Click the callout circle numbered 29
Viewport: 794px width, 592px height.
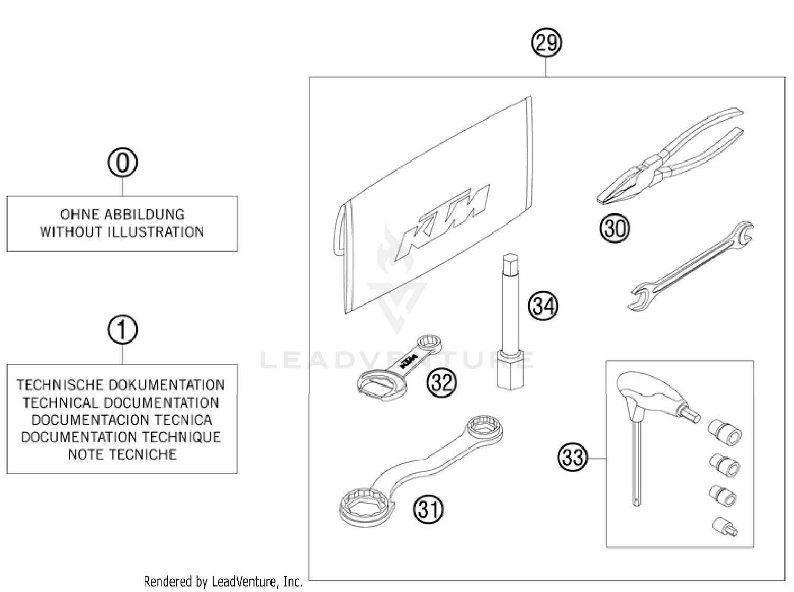point(546,42)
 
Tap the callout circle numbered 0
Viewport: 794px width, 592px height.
point(122,163)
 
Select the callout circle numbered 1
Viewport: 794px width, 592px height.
point(122,330)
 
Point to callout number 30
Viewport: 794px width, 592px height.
point(615,229)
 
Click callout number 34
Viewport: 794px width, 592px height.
point(543,306)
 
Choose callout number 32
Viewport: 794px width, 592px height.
point(441,382)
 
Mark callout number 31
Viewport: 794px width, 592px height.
point(429,509)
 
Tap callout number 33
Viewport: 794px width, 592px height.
point(572,457)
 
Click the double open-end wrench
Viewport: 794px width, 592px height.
point(691,267)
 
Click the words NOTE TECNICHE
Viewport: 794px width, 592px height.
point(122,454)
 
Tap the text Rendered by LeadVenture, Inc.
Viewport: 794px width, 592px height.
point(223,581)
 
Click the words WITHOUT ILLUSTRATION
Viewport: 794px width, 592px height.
point(122,232)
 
